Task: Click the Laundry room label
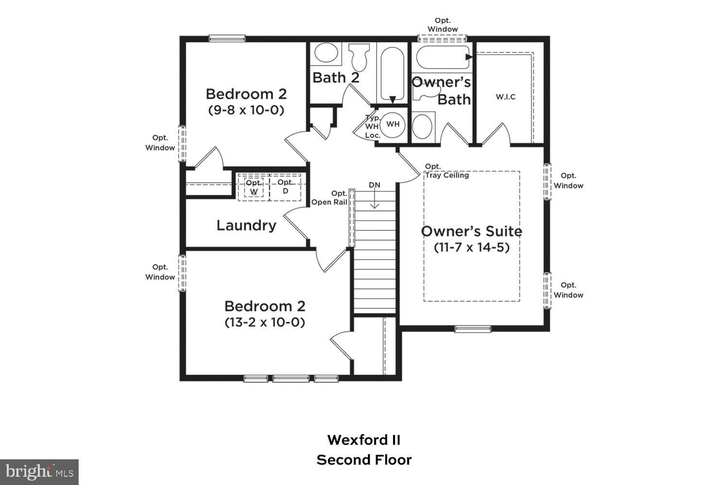click(x=246, y=226)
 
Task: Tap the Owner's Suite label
click(x=471, y=231)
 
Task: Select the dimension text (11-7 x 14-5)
click(x=471, y=247)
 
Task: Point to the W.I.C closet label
click(x=505, y=97)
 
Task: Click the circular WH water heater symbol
click(x=393, y=124)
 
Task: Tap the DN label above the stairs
click(x=374, y=185)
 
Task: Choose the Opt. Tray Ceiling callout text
click(x=447, y=171)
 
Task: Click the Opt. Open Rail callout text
click(x=330, y=198)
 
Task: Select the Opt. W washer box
click(x=254, y=187)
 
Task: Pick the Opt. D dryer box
click(x=285, y=187)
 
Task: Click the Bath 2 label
click(x=336, y=78)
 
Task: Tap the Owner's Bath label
click(x=442, y=91)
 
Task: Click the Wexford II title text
click(x=364, y=440)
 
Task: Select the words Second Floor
click(x=364, y=460)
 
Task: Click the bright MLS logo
click(x=39, y=472)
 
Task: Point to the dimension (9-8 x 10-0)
click(x=246, y=110)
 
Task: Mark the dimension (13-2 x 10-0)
click(x=265, y=322)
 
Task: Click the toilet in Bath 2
click(x=359, y=57)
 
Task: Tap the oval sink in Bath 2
click(x=325, y=53)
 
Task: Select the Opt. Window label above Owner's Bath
click(x=443, y=25)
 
